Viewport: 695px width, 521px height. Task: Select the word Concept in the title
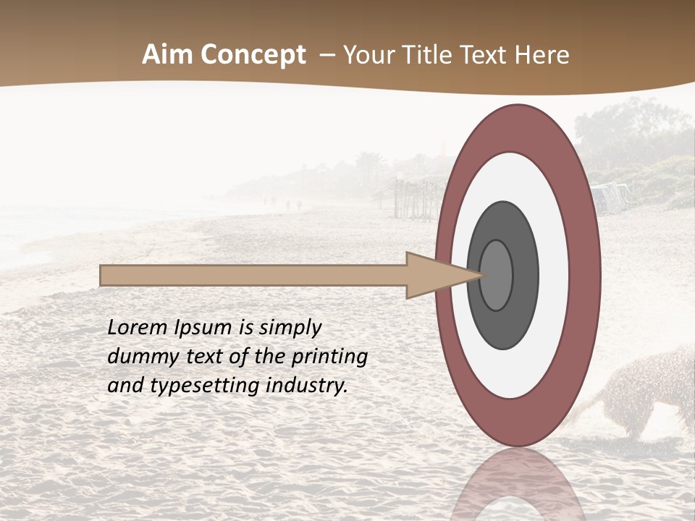pyautogui.click(x=253, y=56)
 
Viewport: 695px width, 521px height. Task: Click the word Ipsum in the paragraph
pyautogui.click(x=203, y=327)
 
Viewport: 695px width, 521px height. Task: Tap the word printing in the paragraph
pyautogui.click(x=329, y=357)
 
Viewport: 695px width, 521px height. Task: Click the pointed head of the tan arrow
pyautogui.click(x=442, y=275)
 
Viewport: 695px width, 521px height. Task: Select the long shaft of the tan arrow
pyautogui.click(x=253, y=275)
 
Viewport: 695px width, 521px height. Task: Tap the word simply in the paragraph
pyautogui.click(x=290, y=328)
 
